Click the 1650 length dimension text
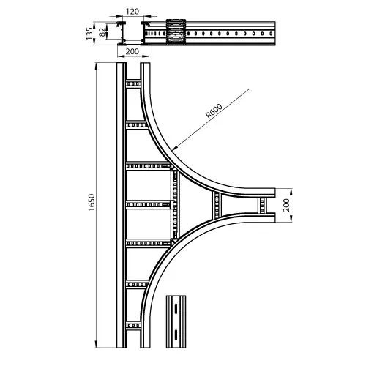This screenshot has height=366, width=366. [x=91, y=202]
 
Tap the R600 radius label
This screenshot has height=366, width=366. [x=214, y=111]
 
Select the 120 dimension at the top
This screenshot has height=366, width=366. [x=132, y=12]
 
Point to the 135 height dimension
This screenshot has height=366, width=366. [x=89, y=34]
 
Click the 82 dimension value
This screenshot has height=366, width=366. [x=102, y=32]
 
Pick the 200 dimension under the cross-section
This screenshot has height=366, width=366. [x=132, y=51]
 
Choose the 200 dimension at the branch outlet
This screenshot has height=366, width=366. [x=286, y=205]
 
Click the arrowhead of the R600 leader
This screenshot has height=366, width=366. [x=173, y=149]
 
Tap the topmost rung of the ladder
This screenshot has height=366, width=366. [x=133, y=84]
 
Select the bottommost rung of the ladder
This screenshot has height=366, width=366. [x=133, y=326]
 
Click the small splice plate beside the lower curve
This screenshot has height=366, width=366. [x=176, y=321]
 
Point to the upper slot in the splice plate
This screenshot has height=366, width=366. [x=176, y=308]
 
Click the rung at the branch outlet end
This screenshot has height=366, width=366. [x=262, y=205]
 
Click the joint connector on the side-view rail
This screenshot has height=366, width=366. [x=176, y=32]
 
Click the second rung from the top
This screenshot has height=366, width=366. [x=137, y=125]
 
